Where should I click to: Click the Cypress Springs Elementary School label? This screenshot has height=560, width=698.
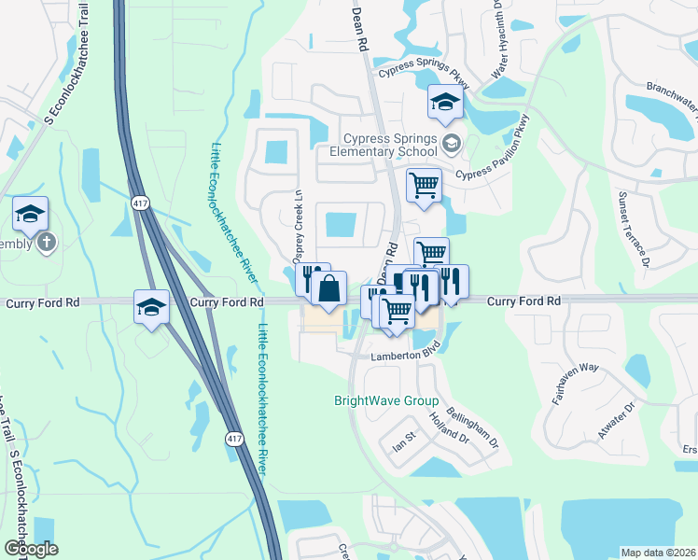coord(389,144)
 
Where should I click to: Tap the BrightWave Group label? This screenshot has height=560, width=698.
coord(386,401)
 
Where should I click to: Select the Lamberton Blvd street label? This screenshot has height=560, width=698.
coord(404,356)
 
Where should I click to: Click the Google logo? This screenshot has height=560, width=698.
coord(31,549)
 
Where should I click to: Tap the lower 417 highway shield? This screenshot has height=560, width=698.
coord(232,437)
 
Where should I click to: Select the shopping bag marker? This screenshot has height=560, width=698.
coord(328,289)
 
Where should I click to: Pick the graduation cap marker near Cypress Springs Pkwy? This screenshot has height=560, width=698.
coord(445,103)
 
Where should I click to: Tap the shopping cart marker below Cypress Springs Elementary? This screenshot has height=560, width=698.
coord(424,185)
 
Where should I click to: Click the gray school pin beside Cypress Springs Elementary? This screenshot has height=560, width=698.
coord(452,143)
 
